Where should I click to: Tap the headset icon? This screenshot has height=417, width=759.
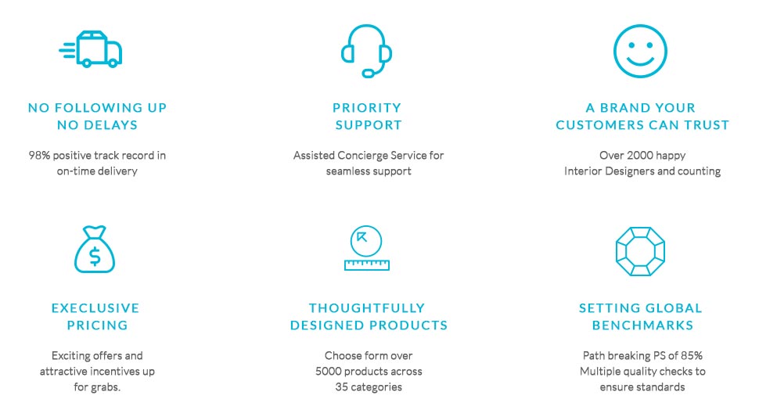click(366, 50)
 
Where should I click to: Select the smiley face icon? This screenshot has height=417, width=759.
click(640, 51)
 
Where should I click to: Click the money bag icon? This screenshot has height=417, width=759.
click(95, 250)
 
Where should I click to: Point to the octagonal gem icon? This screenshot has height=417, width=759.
click(640, 252)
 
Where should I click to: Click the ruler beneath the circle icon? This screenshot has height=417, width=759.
click(366, 264)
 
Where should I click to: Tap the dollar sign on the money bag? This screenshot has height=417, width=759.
click(95, 257)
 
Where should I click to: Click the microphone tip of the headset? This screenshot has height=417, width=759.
click(369, 74)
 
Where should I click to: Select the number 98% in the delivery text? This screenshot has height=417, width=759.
click(39, 155)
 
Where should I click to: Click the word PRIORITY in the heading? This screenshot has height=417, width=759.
click(367, 107)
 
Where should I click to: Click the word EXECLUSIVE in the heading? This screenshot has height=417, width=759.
click(95, 308)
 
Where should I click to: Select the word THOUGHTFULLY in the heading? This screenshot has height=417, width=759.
click(367, 308)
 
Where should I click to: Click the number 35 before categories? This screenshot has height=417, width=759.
click(341, 387)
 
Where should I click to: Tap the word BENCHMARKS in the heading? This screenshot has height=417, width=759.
click(643, 325)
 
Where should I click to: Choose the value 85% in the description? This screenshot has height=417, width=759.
click(692, 355)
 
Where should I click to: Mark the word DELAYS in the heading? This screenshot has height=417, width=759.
click(111, 125)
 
